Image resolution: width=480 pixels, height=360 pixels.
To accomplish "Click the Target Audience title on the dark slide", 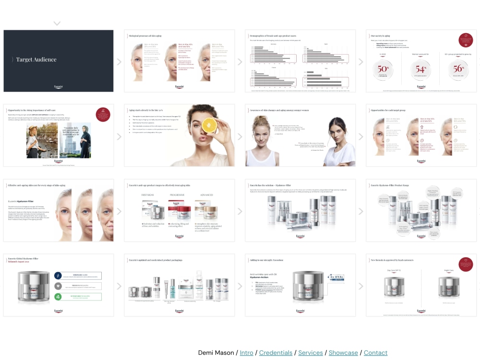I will pyautogui.click(x=36, y=60).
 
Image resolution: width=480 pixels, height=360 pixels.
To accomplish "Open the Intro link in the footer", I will pyautogui.click(x=246, y=353).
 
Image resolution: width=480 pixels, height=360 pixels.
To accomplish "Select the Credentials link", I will pyautogui.click(x=276, y=353).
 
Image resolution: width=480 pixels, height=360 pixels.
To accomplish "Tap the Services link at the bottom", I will pyautogui.click(x=311, y=353).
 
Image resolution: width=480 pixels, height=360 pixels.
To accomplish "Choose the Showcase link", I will pyautogui.click(x=343, y=353).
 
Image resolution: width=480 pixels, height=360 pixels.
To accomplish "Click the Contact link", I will pyautogui.click(x=375, y=353).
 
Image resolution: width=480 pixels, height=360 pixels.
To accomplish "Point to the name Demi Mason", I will pyautogui.click(x=216, y=353).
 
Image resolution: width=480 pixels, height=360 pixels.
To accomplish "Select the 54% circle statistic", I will pyautogui.click(x=420, y=69).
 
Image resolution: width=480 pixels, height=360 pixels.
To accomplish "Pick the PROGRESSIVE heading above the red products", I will pyautogui.click(x=177, y=195).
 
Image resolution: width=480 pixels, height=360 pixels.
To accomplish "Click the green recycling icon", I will pyautogui.click(x=58, y=297).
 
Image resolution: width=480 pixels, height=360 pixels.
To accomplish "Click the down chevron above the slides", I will pyautogui.click(x=57, y=23).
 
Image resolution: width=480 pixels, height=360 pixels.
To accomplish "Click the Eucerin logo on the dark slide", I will pyautogui.click(x=59, y=87).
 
